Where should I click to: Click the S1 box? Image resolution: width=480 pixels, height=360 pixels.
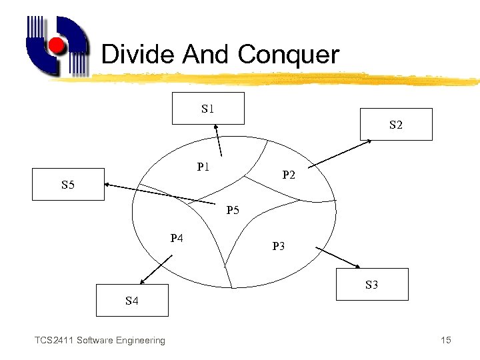[x=208, y=108]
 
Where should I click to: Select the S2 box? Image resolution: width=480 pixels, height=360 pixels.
[x=396, y=124]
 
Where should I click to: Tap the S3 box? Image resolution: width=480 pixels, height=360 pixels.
[x=371, y=284]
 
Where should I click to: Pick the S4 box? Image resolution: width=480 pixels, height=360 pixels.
[x=132, y=300]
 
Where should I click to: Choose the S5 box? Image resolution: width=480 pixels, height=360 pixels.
[x=69, y=184]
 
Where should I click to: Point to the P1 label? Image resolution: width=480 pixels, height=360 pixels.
[x=204, y=167]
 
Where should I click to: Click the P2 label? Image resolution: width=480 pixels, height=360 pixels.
[x=289, y=175]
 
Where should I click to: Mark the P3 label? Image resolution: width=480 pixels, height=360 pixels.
[x=279, y=246]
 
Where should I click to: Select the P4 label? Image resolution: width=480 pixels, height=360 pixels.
[x=177, y=237]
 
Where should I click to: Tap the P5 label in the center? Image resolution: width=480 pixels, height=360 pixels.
[x=233, y=211]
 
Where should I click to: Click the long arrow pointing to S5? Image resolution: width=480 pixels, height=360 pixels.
[x=160, y=194]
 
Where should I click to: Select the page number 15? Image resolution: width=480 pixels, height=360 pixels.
[x=446, y=341]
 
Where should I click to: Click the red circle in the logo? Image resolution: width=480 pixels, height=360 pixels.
[x=57, y=46]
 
